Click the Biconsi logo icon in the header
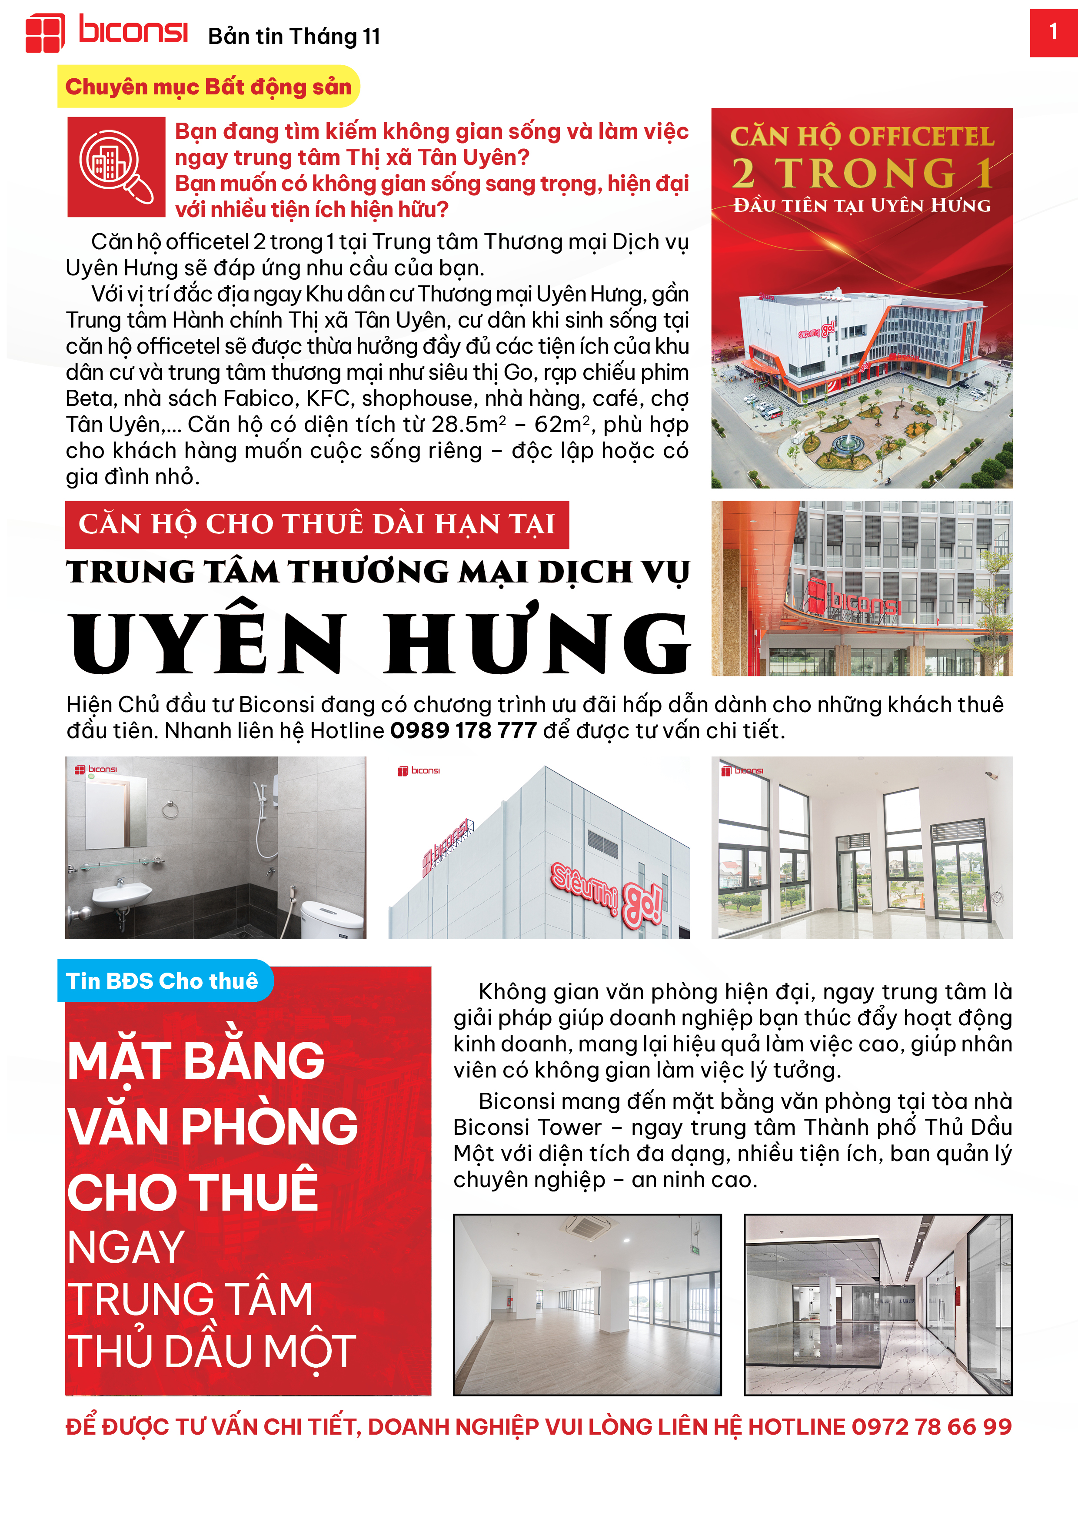[44, 33]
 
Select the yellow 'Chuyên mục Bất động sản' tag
[208, 87]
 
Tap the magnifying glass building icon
[116, 167]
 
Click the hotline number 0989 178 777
[463, 730]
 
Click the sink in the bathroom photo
[122, 894]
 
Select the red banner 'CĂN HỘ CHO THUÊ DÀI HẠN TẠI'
[317, 524]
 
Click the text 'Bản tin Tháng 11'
[294, 37]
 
